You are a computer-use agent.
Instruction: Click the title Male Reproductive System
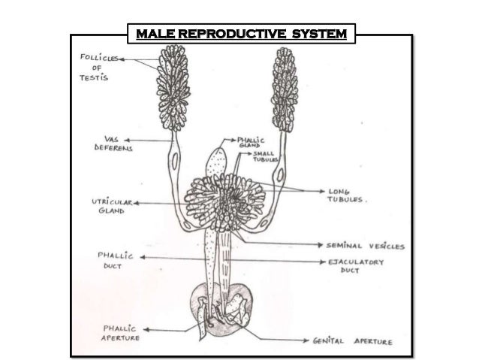(x=239, y=34)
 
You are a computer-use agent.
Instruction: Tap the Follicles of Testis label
(x=93, y=67)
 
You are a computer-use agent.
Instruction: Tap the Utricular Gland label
(x=108, y=207)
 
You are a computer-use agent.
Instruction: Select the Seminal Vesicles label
(x=365, y=246)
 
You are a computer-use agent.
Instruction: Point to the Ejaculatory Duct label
(x=357, y=266)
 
